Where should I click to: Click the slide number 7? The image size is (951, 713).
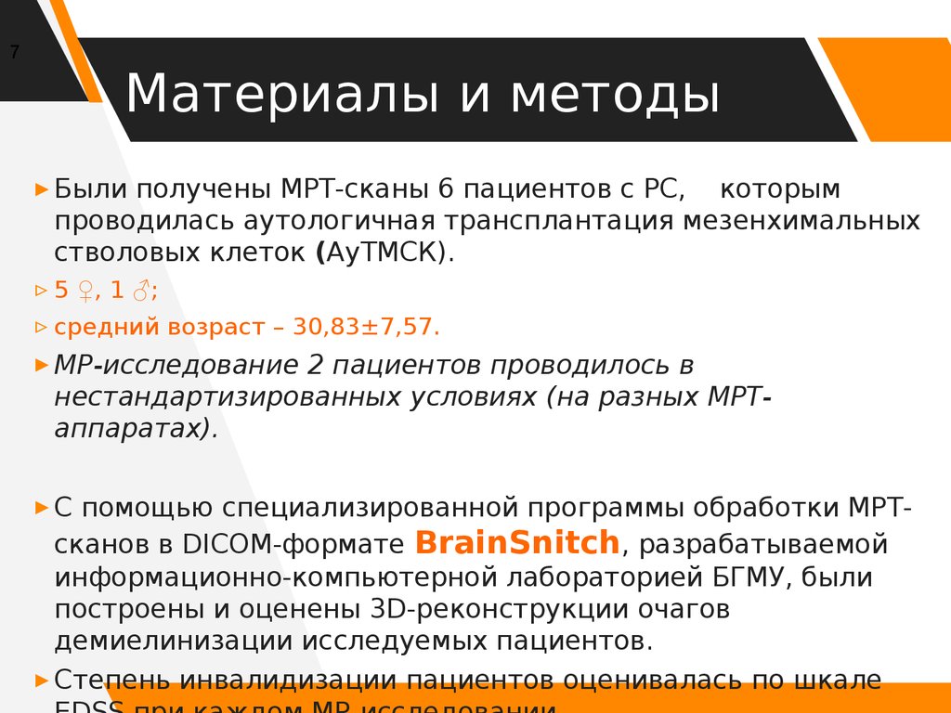[x=15, y=52]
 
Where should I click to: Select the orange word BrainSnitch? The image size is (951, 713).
[x=516, y=542]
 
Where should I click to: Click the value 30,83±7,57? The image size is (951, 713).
[x=366, y=327]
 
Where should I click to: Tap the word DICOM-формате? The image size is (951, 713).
[x=294, y=544]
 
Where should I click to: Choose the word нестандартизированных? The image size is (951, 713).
[x=228, y=396]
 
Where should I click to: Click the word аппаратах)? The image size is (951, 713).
[x=136, y=428]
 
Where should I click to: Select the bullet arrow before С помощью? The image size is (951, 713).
[x=40, y=508]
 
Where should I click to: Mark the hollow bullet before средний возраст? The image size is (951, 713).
[x=40, y=327]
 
